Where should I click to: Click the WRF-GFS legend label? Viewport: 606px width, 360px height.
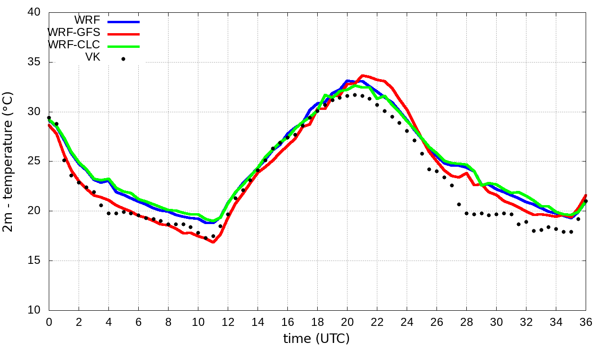click(73, 33)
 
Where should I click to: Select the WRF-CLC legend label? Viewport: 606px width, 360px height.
click(73, 45)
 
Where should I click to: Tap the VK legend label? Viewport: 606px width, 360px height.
click(92, 58)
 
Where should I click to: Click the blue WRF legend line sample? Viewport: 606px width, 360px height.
click(124, 21)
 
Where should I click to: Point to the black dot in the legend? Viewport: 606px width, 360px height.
click(123, 59)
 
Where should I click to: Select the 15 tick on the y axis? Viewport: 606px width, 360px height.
click(34, 261)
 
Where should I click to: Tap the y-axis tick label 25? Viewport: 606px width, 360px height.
click(34, 161)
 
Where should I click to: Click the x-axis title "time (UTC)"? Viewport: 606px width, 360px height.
click(316, 339)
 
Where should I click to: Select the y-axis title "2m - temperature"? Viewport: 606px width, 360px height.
click(9, 161)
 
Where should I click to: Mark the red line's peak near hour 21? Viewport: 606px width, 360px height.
click(363, 75)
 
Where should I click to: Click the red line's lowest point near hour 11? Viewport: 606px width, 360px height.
click(213, 242)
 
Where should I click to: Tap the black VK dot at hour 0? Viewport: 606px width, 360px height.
click(49, 118)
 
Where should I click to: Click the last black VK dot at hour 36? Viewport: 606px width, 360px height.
click(586, 201)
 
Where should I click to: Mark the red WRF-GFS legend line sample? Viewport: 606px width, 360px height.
click(124, 34)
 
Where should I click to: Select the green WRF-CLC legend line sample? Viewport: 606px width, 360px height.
click(124, 46)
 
